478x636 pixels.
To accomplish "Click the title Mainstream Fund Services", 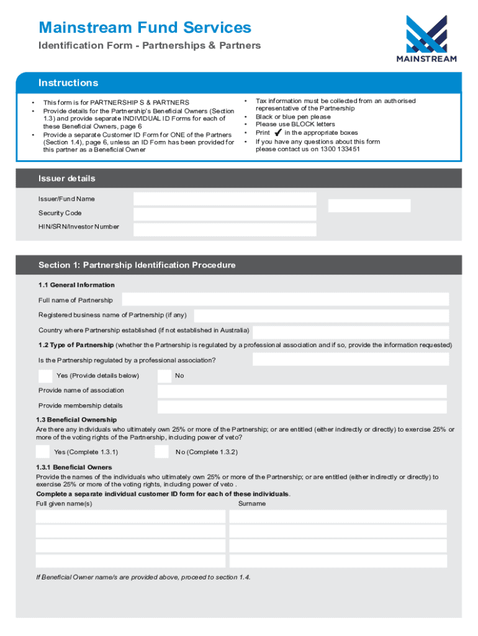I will (x=145, y=27).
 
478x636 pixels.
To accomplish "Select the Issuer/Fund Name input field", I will (x=225, y=199).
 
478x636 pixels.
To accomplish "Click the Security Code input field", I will (x=225, y=214).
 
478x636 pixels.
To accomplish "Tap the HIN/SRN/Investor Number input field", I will (x=225, y=229).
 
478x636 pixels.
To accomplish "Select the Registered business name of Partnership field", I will (x=322, y=316).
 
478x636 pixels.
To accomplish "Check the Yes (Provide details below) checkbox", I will (x=45, y=376).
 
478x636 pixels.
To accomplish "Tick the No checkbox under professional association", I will (x=165, y=376).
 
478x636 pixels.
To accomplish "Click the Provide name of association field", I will (x=302, y=391).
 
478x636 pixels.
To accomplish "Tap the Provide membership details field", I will (x=302, y=407).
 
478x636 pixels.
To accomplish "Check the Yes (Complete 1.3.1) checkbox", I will (x=43, y=452).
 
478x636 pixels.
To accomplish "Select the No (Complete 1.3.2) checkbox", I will (x=161, y=452).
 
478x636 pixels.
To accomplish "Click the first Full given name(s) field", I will (x=130, y=517).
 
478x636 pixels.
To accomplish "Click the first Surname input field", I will (x=338, y=517).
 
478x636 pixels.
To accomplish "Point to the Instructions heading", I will (x=68, y=83).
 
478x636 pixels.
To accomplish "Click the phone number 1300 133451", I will (x=340, y=150).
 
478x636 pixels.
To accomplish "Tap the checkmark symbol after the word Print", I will (x=277, y=132).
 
